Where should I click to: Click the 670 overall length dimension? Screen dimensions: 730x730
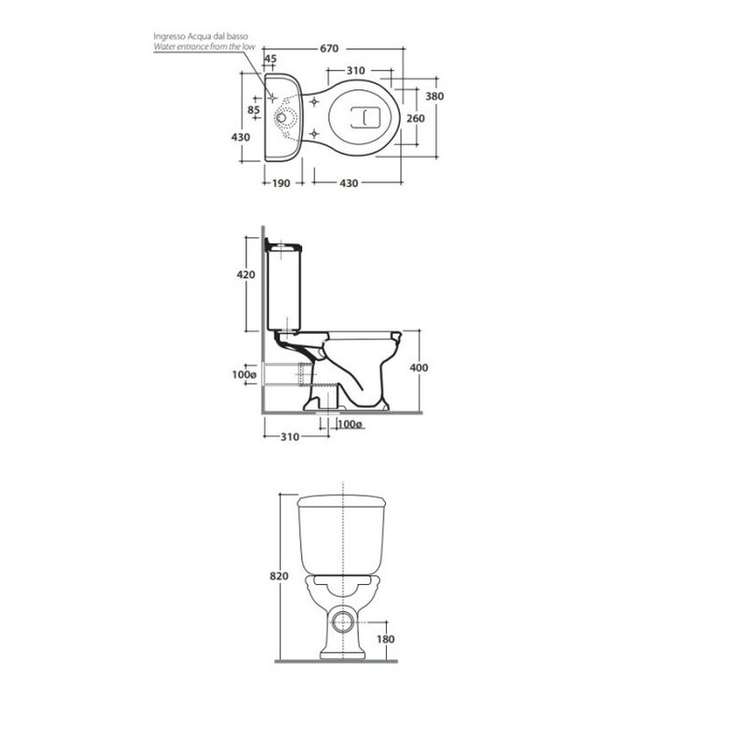(x=328, y=48)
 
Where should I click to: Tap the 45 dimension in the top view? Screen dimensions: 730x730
(x=270, y=58)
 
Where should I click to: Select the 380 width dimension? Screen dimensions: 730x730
(x=434, y=97)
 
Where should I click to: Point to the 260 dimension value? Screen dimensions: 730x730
(x=415, y=119)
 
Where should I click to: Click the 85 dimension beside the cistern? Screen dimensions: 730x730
(x=254, y=109)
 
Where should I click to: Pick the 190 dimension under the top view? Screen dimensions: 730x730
(x=281, y=183)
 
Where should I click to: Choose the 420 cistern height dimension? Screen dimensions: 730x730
(x=245, y=275)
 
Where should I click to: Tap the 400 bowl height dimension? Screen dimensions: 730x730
(x=419, y=368)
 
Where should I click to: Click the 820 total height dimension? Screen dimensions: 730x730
(x=279, y=576)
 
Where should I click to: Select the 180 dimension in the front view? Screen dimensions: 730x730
(x=385, y=640)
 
